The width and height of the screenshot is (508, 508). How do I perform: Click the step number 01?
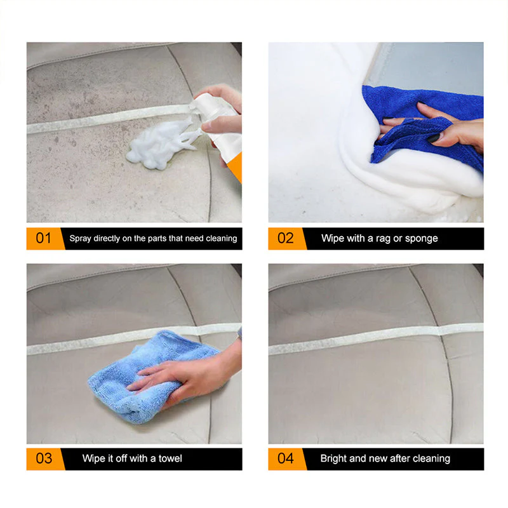coord(43,239)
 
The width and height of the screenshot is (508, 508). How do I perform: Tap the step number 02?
coord(286,239)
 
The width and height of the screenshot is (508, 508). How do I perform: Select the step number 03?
coord(43,458)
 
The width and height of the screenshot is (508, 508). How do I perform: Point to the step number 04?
coord(286,458)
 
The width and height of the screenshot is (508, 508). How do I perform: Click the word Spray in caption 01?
coord(80,239)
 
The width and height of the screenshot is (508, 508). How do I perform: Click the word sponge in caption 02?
coord(421,239)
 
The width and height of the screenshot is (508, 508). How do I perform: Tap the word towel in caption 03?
coord(170,458)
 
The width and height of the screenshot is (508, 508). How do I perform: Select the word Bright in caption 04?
coord(334,458)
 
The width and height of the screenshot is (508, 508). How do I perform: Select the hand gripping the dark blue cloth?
coord(444,127)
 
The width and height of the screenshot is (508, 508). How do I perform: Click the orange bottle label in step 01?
coord(234,168)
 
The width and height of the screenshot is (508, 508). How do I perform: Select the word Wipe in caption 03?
coord(93,458)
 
